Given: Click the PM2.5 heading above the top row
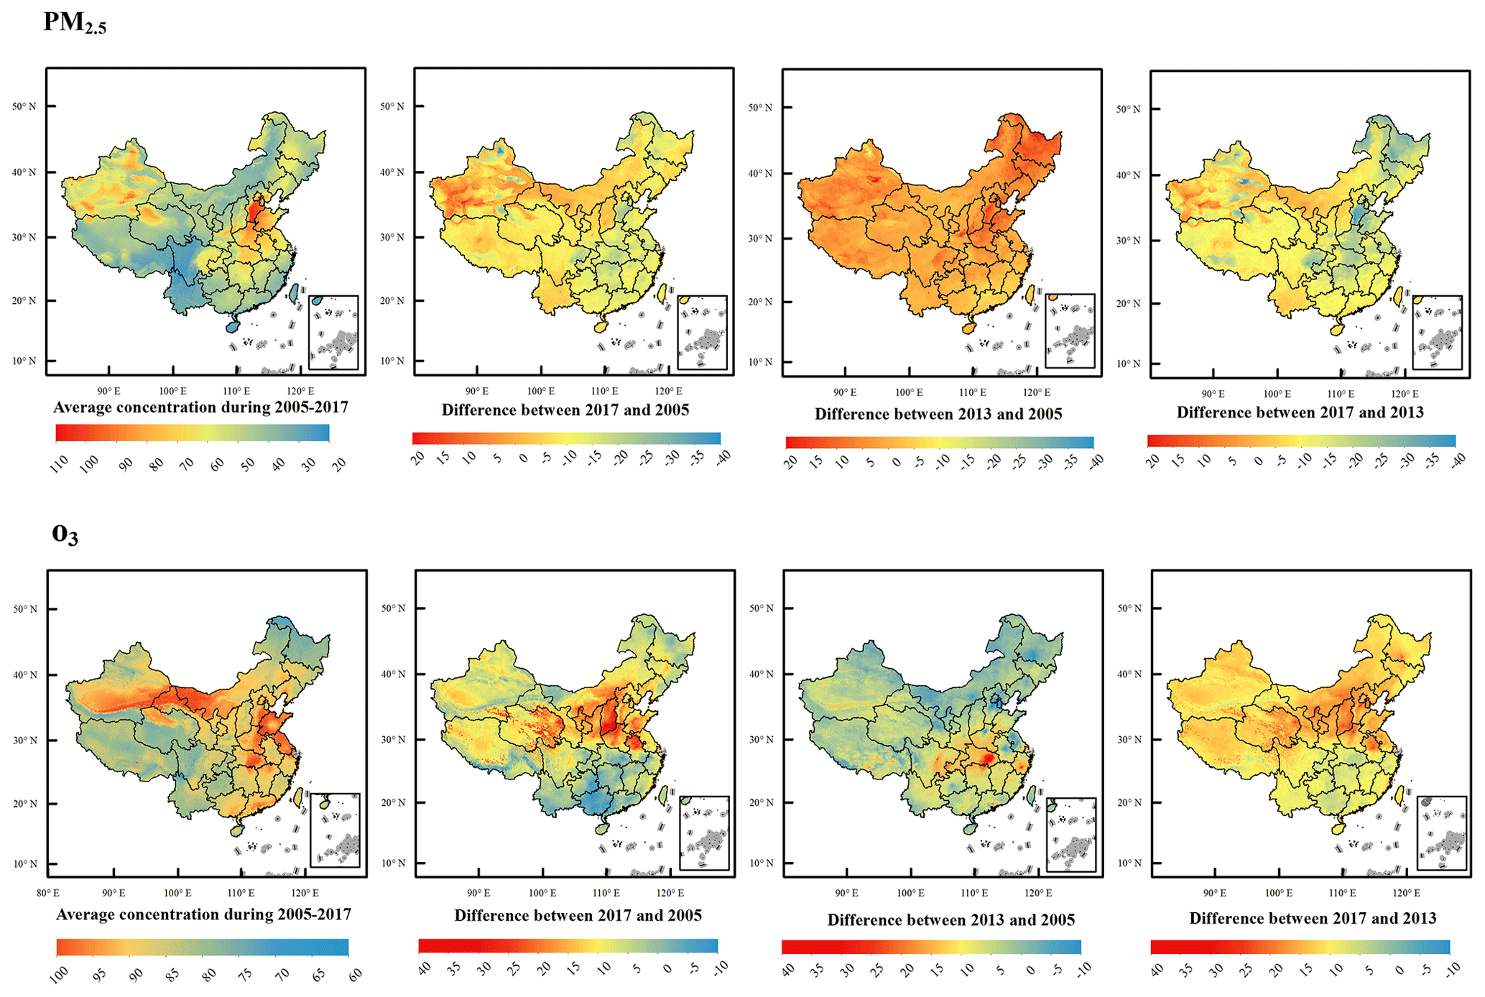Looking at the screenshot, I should (75, 23).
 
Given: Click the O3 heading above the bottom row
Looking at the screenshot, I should (65, 534).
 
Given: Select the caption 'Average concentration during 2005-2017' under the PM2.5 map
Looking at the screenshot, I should (200, 407).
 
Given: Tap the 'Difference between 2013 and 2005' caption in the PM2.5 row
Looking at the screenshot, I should (938, 414).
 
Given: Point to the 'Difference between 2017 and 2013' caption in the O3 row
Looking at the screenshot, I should (1312, 918).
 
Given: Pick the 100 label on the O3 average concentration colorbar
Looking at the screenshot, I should (60, 974).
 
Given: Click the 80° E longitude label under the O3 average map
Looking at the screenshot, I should (48, 893).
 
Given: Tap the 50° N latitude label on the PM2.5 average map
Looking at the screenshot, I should (24, 106).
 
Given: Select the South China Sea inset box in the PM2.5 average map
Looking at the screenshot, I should (333, 332).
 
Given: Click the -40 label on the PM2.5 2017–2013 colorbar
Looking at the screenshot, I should (1458, 460).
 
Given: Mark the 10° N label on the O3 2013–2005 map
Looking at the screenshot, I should (761, 863).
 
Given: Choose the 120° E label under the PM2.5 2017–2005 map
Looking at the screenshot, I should (668, 391).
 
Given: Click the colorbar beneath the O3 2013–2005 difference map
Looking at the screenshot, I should (930, 947).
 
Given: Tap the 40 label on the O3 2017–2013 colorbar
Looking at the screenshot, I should (1156, 970).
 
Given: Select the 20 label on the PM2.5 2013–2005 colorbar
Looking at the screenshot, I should (791, 462).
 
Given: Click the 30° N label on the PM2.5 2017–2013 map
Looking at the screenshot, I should (1128, 240).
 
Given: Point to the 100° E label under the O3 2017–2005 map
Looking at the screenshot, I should (542, 893).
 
